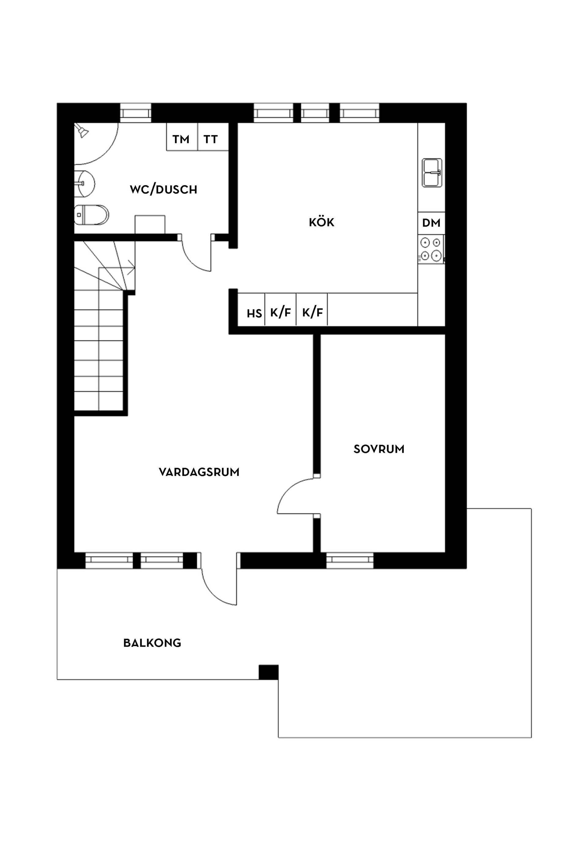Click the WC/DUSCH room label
[163, 189]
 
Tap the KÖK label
[321, 222]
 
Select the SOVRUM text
[379, 449]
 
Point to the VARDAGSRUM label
[199, 472]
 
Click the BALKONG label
[152, 643]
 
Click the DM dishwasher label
[431, 223]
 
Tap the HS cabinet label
[254, 314]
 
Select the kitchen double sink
[432, 173]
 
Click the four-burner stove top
[431, 249]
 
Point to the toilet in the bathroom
[92, 215]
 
